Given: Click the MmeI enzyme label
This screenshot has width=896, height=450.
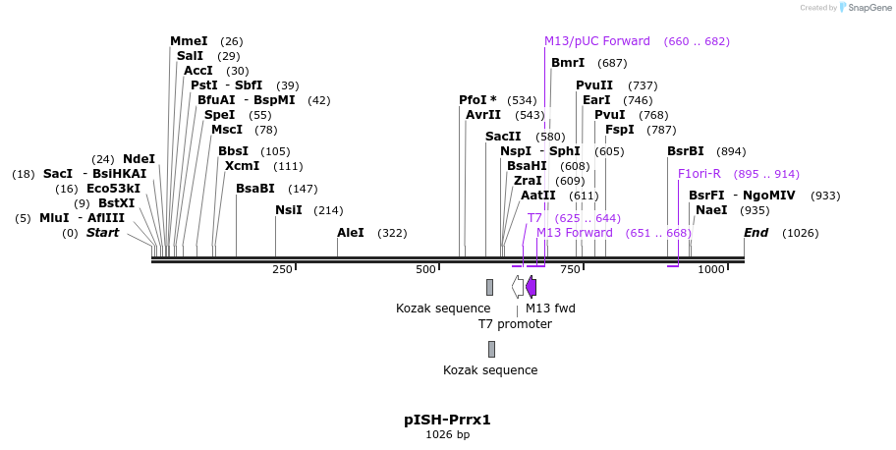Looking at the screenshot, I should (189, 41).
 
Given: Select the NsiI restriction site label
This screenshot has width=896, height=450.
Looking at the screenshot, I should (289, 210).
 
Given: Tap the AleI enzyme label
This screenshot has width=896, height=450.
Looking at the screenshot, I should (351, 233).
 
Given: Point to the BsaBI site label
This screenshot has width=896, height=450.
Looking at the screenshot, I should (255, 189).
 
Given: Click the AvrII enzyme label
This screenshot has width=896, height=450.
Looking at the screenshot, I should (483, 115).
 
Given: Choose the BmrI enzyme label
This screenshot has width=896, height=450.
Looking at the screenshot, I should (568, 63).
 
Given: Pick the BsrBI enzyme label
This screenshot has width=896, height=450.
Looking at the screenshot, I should (686, 151).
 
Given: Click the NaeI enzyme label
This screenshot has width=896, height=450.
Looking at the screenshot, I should (711, 210).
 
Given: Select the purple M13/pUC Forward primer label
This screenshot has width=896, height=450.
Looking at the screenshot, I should (597, 41).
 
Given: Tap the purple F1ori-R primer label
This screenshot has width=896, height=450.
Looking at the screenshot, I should (700, 174).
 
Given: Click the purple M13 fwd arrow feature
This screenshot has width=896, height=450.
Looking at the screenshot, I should (532, 287).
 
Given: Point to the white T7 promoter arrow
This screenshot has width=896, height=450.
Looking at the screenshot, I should (518, 287).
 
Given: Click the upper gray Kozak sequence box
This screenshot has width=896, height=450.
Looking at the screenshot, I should (489, 287).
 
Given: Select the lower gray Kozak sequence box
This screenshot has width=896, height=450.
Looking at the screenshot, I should (491, 349).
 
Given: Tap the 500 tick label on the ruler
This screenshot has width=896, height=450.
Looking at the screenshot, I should (425, 269).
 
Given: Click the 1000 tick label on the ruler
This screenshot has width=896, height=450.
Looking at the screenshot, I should (711, 269).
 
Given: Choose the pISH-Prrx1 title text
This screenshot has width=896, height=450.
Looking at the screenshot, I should (447, 420).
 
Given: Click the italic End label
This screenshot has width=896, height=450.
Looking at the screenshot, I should (756, 233).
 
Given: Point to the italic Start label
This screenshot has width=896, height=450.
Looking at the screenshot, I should (102, 233).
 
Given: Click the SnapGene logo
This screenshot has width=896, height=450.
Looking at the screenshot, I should (863, 8).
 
